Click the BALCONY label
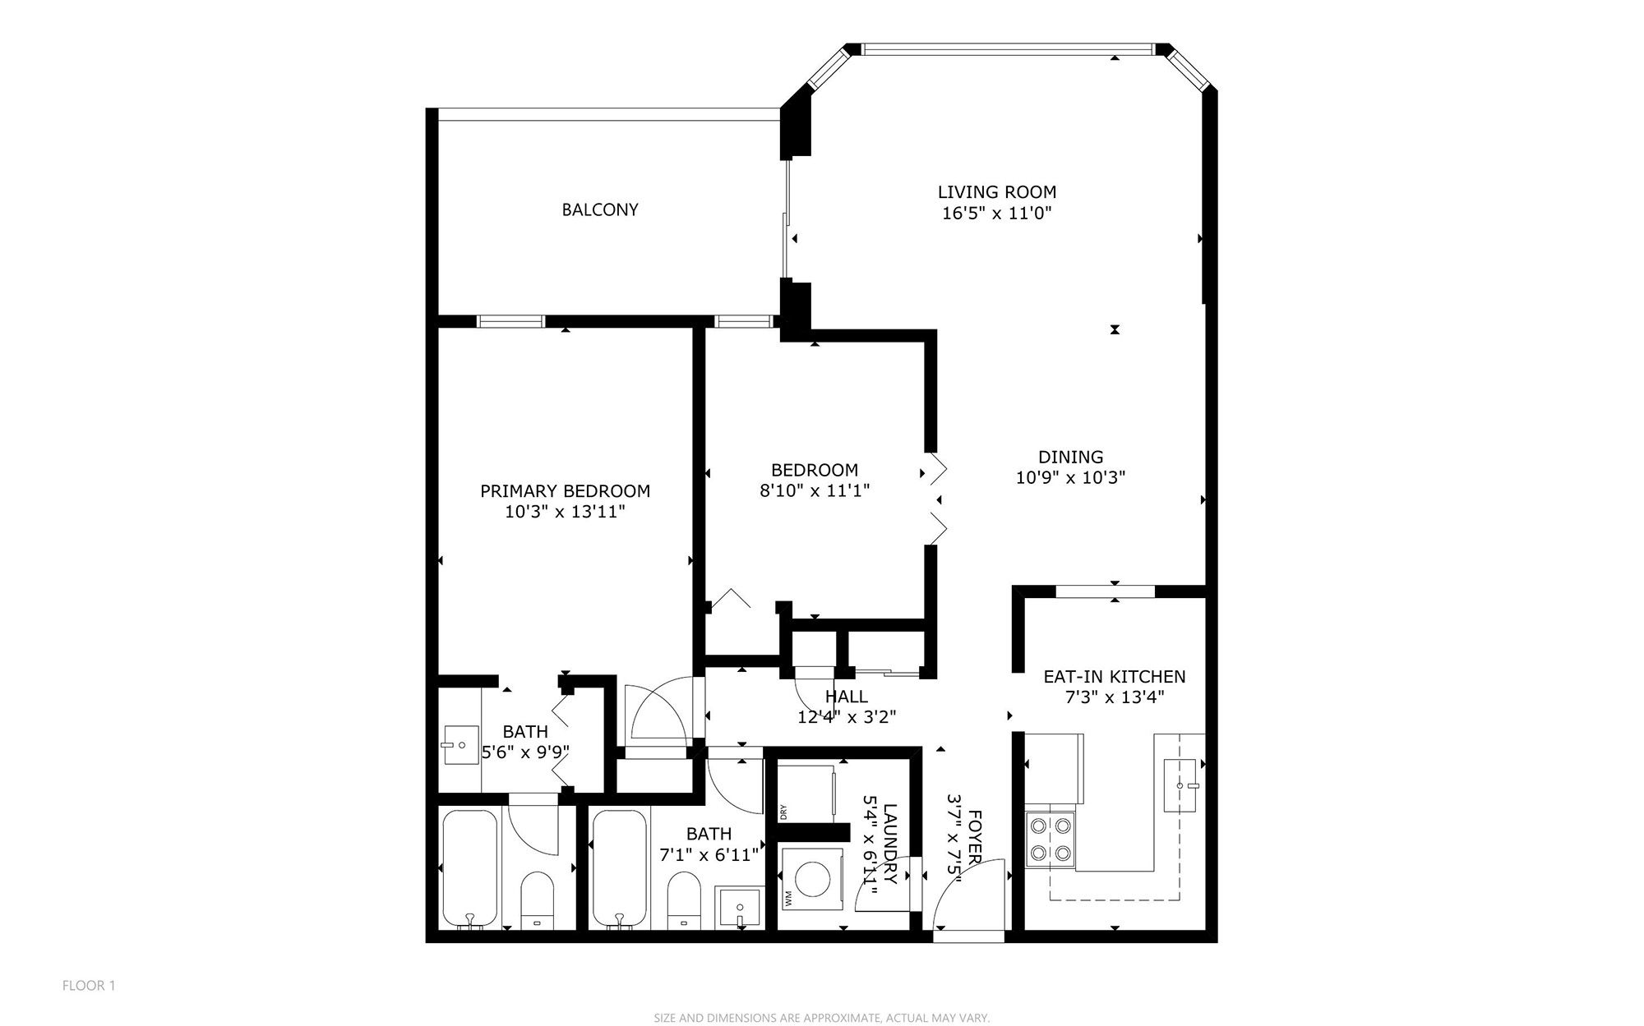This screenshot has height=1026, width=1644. coord(600,209)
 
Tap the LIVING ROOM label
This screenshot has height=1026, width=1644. coord(997,192)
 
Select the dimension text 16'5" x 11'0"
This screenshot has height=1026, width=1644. coord(997,214)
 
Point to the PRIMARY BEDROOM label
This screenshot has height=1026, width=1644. coord(566,491)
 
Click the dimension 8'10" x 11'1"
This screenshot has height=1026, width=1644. coord(815,490)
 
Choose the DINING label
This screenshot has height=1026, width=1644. coord(1070,457)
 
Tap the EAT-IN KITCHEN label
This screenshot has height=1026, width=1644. coord(1115,677)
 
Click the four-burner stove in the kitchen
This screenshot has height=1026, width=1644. coord(1051,838)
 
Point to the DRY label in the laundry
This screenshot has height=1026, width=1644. coord(784,812)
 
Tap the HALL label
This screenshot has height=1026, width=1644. coord(847,697)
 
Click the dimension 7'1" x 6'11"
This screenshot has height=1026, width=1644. coord(709,854)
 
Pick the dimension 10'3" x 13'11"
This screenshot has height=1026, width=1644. coord(566,512)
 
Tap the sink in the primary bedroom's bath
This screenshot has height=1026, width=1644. coord(459,745)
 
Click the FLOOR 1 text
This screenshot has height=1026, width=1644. coord(90,985)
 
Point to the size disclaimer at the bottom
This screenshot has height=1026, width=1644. coord(822,1018)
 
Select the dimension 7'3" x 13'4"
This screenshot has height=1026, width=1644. coord(1115,697)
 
